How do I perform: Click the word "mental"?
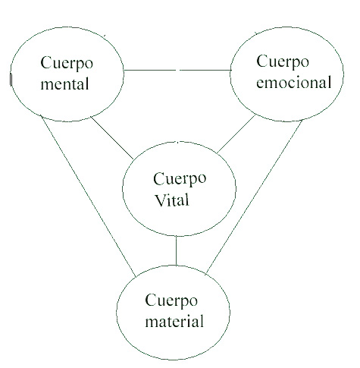point(64,84)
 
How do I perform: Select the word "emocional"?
point(294,83)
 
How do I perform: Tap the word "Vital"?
point(172,200)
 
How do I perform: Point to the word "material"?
point(174,321)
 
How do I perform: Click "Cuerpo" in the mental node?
point(67,64)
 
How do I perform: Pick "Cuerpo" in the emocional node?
point(283,62)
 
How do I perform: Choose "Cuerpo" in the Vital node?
point(180,179)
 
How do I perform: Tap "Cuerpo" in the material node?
point(171,300)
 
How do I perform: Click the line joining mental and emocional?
point(177,70)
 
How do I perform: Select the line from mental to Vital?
point(112,137)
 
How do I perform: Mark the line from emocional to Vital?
point(236,134)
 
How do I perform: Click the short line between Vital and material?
point(176,250)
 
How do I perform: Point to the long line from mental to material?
point(89,196)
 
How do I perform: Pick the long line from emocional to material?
point(255,197)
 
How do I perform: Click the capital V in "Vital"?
point(160,200)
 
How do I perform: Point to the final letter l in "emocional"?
point(329,82)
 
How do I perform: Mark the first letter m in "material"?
point(151,323)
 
